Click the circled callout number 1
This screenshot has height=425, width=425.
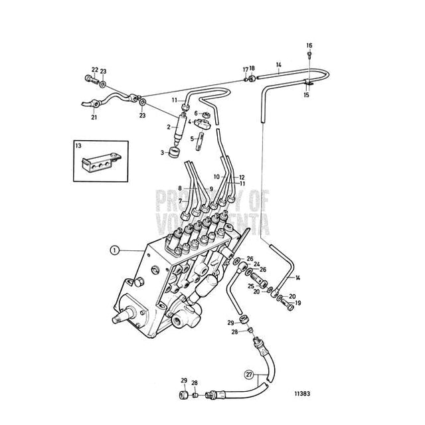coord(114,250)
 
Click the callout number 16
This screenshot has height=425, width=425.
coord(309,45)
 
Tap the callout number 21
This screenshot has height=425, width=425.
coord(94,117)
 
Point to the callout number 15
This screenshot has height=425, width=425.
coord(306,95)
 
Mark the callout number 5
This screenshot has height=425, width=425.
coord(192,138)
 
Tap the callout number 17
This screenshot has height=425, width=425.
coord(245,68)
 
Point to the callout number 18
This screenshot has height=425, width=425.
coord(252,68)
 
